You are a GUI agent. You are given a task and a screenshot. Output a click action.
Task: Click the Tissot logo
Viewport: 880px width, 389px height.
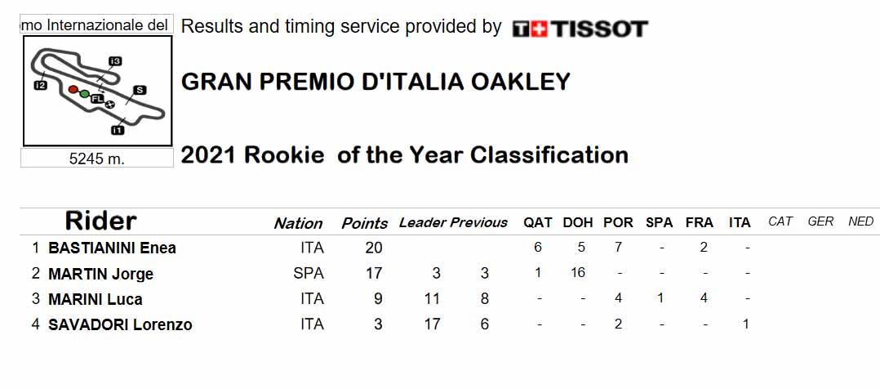[580, 29]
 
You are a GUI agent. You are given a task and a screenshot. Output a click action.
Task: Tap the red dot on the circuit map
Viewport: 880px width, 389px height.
[73, 89]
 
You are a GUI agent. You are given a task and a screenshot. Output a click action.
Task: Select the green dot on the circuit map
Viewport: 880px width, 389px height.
[84, 94]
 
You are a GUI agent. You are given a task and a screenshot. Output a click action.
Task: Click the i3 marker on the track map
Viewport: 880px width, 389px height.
[116, 60]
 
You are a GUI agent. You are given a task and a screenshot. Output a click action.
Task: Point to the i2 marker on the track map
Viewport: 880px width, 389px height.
[40, 86]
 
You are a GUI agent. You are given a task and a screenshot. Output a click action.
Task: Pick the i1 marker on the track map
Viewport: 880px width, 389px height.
[118, 131]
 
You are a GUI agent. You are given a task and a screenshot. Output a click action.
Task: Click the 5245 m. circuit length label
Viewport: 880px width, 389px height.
[96, 159]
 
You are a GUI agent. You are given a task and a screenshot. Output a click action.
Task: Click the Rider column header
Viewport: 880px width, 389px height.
[101, 221]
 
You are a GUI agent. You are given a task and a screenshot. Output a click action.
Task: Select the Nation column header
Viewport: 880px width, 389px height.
[298, 224]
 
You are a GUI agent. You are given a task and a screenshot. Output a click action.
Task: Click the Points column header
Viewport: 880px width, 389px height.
[365, 223]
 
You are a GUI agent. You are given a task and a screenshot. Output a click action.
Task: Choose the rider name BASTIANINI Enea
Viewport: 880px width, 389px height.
[113, 248]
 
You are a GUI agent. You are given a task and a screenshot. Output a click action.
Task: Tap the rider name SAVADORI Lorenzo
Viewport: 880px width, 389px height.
[120, 324]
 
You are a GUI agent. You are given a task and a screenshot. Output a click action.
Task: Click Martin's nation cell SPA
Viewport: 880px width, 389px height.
[309, 273]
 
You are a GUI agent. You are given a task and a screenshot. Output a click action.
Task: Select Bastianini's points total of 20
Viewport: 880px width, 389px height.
[374, 248]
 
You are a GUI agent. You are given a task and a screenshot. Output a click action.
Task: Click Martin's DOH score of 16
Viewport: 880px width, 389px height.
[577, 273]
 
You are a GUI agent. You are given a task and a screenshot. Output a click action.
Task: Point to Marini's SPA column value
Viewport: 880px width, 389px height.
[660, 298]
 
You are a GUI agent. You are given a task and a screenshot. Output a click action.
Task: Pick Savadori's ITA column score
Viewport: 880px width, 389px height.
[746, 324]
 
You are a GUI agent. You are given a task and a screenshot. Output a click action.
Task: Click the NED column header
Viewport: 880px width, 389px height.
[861, 221]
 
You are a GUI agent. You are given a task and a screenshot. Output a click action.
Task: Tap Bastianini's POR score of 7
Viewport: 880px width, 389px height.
[618, 248]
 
